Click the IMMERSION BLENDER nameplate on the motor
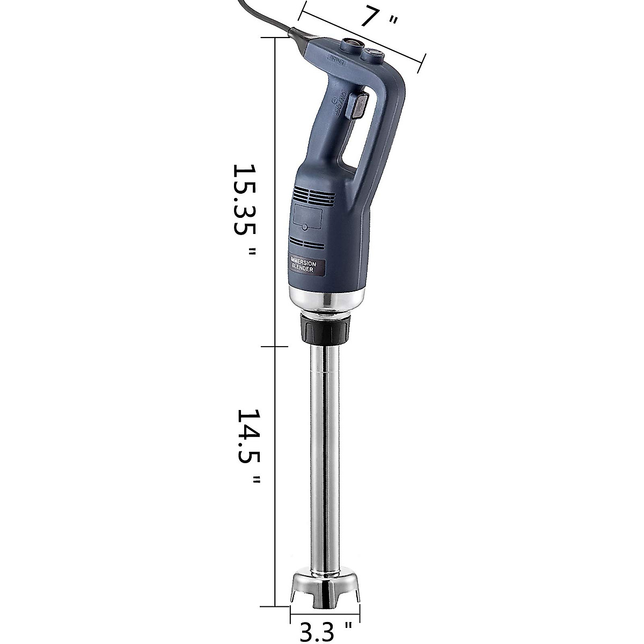(x=304, y=267)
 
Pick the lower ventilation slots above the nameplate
(x=308, y=243)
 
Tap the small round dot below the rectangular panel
(x=304, y=228)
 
